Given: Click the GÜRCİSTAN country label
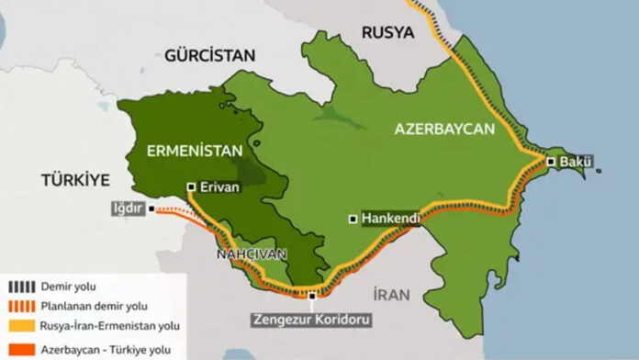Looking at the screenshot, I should click(x=209, y=56).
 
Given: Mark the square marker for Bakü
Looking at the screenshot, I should click(x=551, y=163).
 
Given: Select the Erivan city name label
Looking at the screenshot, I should click(x=219, y=187).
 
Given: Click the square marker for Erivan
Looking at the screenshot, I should click(x=191, y=186).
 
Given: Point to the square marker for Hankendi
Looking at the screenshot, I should click(x=353, y=219).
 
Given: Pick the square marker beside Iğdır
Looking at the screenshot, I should click(x=151, y=208).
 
